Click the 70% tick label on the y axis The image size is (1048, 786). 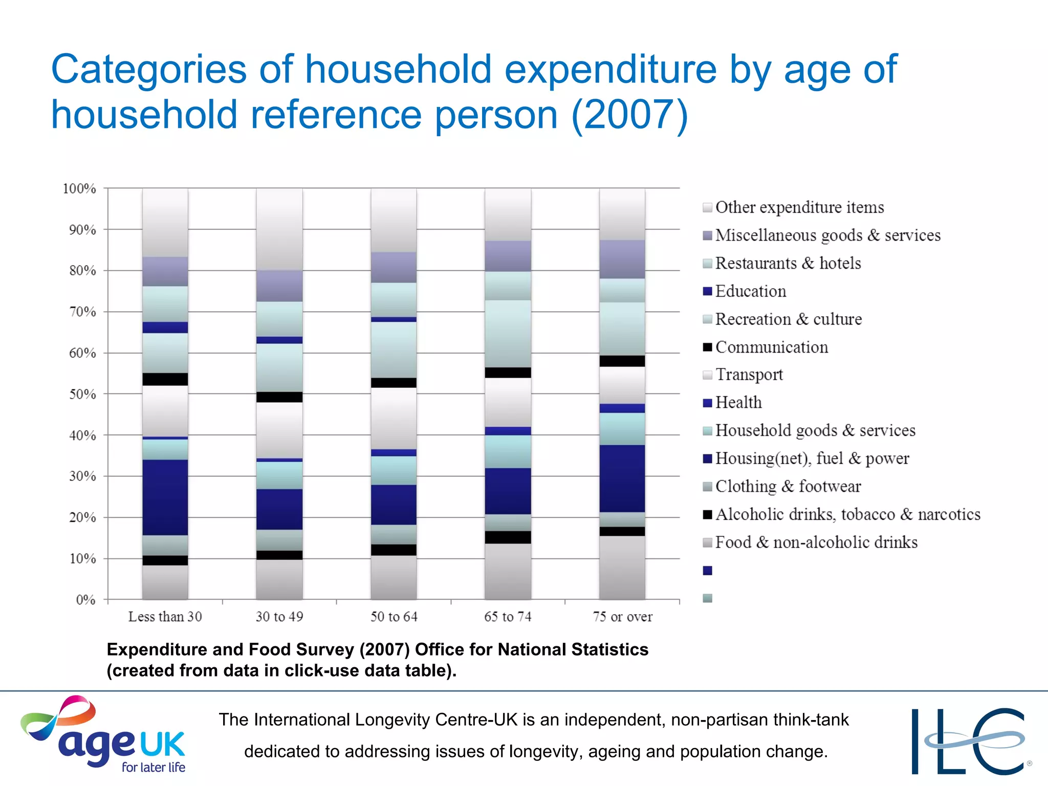pyautogui.click(x=82, y=312)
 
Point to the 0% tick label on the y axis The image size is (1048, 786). pyautogui.click(x=85, y=600)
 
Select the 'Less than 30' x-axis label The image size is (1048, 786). pyautogui.click(x=165, y=617)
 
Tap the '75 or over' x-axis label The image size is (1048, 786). pyautogui.click(x=622, y=617)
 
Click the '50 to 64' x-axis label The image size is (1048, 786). pyautogui.click(x=394, y=617)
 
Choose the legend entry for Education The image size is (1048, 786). pyautogui.click(x=750, y=291)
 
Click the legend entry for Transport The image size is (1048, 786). pyautogui.click(x=749, y=375)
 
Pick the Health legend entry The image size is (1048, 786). pyautogui.click(x=738, y=403)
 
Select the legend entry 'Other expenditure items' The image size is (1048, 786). pyautogui.click(x=799, y=207)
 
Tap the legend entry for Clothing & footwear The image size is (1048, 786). pyautogui.click(x=788, y=486)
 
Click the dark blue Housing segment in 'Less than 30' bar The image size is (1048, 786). pyautogui.click(x=165, y=497)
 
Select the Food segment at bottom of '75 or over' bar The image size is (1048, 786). pyautogui.click(x=622, y=568)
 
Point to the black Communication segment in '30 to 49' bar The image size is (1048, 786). pyautogui.click(x=279, y=397)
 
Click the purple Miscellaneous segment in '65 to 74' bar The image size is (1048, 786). pyautogui.click(x=508, y=256)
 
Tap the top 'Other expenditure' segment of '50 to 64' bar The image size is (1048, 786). pyautogui.click(x=394, y=220)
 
